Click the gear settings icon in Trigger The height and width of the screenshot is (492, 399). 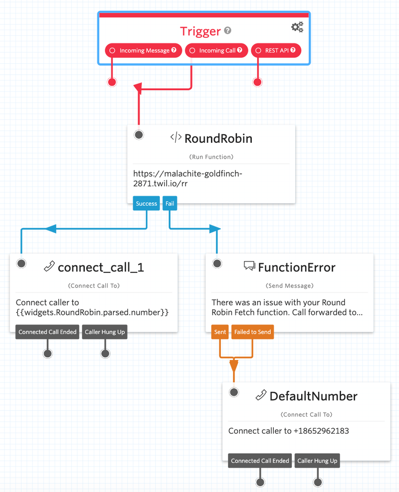297,27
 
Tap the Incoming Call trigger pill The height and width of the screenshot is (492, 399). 216,50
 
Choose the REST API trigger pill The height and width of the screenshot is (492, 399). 276,50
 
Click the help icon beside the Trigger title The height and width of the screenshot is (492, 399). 227,31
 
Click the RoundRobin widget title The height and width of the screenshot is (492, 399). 218,138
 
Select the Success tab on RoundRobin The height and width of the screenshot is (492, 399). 147,203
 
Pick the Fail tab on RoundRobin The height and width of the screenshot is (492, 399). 170,203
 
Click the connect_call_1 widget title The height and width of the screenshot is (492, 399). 101,267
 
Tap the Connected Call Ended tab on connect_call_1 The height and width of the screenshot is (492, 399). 47,332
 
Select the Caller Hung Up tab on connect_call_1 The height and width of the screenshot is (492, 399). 105,332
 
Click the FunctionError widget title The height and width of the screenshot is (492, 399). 296,267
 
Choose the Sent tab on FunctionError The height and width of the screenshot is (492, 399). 220,332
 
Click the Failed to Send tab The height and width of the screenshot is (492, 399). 252,332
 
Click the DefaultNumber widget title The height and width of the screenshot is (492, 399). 313,396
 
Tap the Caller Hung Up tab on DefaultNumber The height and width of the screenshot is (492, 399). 317,461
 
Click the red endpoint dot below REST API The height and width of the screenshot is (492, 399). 257,82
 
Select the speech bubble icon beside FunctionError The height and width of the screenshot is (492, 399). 249,266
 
